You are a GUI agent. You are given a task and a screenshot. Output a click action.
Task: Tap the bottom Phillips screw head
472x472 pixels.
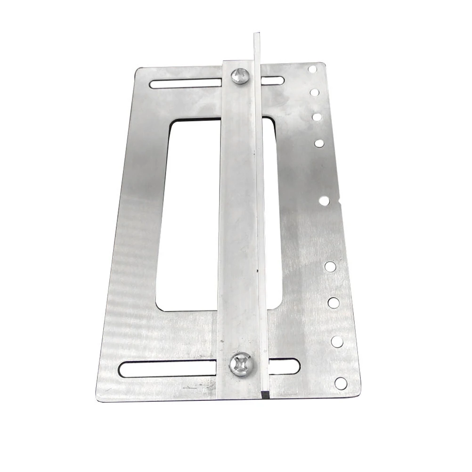click(x=242, y=365)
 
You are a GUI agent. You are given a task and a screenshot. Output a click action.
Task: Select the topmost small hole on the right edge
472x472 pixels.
click(x=312, y=69)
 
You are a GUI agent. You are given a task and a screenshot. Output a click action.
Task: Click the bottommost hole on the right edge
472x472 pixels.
click(x=341, y=383)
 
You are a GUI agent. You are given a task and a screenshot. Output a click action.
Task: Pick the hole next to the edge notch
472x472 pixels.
click(x=324, y=201)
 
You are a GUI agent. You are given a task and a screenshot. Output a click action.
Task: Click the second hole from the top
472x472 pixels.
click(x=314, y=92)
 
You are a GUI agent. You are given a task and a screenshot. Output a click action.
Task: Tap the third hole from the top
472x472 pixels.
click(x=317, y=116)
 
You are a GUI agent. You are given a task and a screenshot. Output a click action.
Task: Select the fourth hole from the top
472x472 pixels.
click(x=319, y=143)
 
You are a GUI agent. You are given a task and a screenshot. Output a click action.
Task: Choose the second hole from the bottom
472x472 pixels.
click(x=337, y=342)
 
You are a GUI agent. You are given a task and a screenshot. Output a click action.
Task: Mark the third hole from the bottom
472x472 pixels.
click(x=334, y=302)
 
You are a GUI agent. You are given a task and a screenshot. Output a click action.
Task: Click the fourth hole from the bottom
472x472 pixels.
click(x=330, y=267)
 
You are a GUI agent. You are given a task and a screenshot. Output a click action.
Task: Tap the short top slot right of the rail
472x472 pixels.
click(x=273, y=81)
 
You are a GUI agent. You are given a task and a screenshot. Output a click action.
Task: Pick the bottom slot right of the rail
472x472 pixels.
click(x=284, y=366)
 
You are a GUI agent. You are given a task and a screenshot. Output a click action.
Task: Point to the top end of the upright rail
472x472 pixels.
click(x=256, y=35)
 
